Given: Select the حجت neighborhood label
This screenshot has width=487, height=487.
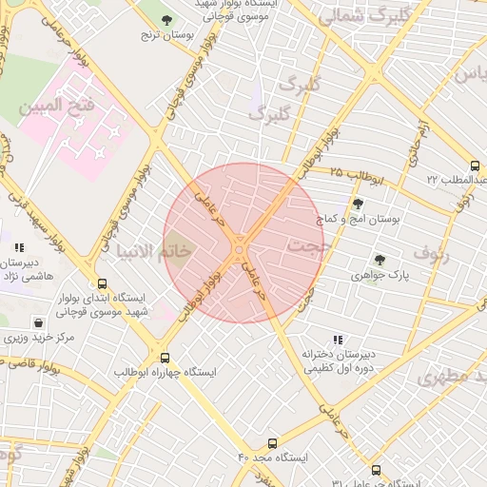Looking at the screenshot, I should [x=305, y=247].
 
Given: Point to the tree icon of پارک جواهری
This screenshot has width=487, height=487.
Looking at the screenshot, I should [x=380, y=259].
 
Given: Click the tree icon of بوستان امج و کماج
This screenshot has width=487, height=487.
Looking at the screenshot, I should [x=358, y=203].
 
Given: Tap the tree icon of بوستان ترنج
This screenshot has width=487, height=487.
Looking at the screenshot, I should [x=167, y=19].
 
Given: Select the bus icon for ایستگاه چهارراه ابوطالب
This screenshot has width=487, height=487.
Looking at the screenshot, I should [x=166, y=358].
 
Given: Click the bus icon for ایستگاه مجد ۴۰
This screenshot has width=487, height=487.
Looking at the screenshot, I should [x=273, y=442].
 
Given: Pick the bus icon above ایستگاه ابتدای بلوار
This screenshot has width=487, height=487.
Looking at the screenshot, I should [x=102, y=283].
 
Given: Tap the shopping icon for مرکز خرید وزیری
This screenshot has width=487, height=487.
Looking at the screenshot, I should [x=38, y=322].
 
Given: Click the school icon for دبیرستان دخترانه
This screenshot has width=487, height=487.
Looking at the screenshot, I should [x=338, y=340].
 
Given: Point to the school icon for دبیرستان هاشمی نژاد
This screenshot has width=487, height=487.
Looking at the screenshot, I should [x=19, y=248].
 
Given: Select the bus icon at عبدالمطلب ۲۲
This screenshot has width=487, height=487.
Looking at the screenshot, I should [x=475, y=166].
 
